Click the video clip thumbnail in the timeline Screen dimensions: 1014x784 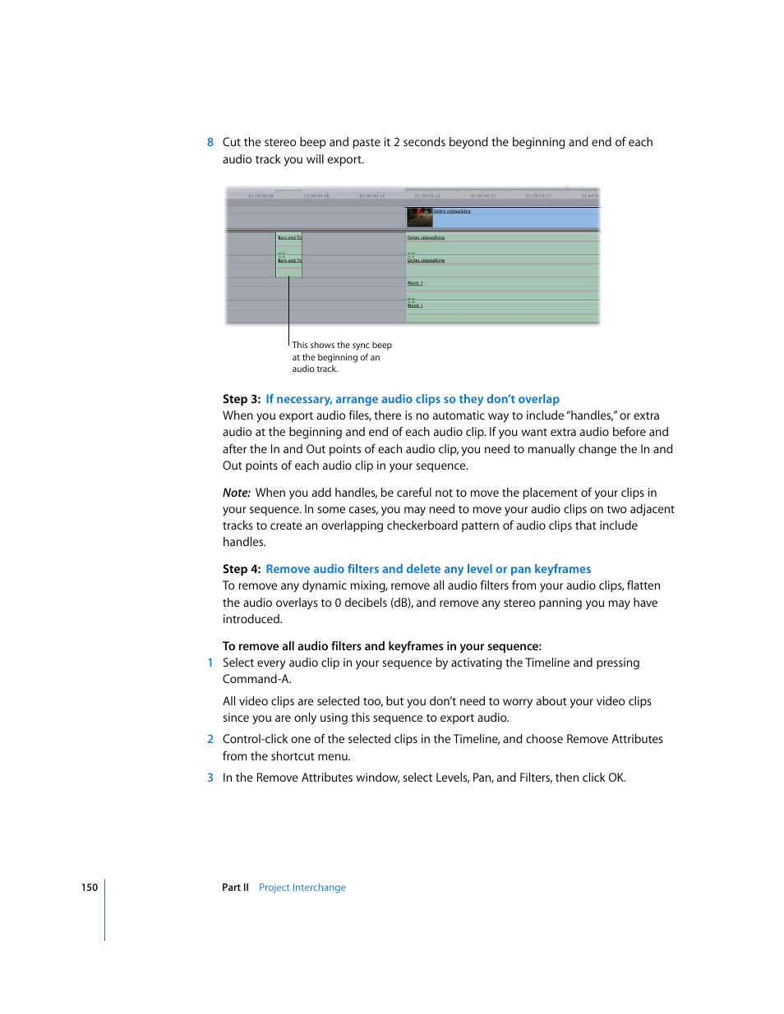tap(419, 217)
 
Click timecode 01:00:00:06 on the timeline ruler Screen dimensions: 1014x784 tap(261, 196)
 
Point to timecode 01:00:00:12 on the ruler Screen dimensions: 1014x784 tap(427, 196)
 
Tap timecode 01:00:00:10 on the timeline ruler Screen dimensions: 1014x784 tap(372, 196)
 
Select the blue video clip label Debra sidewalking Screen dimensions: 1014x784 tap(452, 211)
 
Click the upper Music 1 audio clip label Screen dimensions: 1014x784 tap(415, 283)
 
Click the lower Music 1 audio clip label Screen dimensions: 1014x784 tap(415, 305)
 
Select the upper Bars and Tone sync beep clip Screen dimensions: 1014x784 tap(289, 238)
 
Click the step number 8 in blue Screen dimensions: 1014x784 tap(210, 142)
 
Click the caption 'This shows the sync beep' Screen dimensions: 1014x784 tap(342, 346)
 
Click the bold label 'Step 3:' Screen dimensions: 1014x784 tap(242, 399)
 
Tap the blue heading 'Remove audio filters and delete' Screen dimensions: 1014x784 tap(428, 569)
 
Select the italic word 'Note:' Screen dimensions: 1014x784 tap(236, 493)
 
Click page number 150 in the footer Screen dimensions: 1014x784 tap(90, 888)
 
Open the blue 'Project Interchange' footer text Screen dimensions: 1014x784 tap(302, 888)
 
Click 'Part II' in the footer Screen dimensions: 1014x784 tap(235, 888)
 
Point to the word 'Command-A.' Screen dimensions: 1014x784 tap(256, 679)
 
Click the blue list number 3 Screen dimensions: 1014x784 tap(210, 778)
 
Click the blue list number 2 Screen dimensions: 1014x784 tap(210, 739)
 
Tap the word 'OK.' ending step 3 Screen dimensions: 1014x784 tap(616, 778)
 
